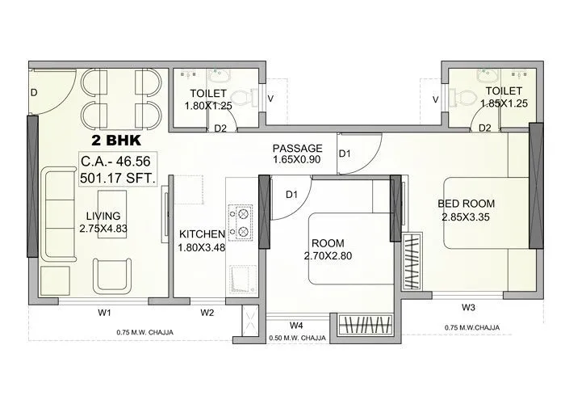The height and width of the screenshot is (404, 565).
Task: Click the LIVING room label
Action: click(x=103, y=216)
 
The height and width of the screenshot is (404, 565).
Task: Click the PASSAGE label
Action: click(x=297, y=149)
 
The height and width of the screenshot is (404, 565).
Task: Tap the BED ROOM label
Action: click(x=467, y=204)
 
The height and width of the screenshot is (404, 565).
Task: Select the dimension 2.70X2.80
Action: click(x=330, y=256)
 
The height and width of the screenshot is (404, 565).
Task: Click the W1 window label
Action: click(x=104, y=312)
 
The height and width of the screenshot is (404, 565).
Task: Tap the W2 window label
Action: click(x=207, y=312)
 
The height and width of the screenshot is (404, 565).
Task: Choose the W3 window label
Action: click(x=468, y=307)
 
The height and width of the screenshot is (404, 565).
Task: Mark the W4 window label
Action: click(x=296, y=326)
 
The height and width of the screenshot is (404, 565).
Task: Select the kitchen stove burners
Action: click(x=240, y=224)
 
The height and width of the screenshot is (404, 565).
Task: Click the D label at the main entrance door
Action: click(x=34, y=93)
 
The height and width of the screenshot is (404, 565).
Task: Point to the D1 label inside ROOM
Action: click(x=292, y=195)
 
